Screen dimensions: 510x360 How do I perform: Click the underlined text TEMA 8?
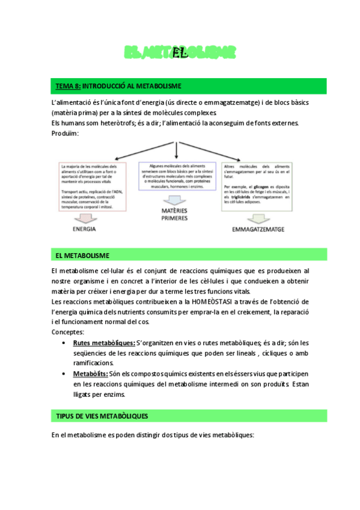pyautogui.click(x=68, y=86)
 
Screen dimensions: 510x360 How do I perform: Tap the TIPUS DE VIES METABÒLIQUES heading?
pyautogui.click(x=102, y=416)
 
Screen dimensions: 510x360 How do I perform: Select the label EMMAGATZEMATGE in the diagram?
pyautogui.click(x=258, y=230)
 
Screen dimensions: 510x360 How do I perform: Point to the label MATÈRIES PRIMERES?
pyautogui.click(x=175, y=214)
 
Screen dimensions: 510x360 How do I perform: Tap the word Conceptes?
pyautogui.click(x=68, y=332)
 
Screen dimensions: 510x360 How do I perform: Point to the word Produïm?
pyautogui.click(x=66, y=134)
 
